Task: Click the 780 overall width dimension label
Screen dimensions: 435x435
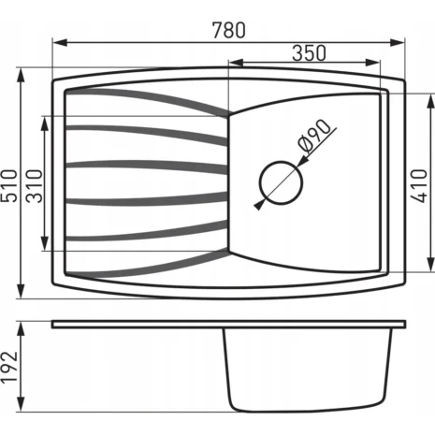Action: point(229,30)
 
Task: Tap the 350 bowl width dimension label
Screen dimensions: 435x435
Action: point(309,53)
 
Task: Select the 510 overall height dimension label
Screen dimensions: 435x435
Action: point(8,186)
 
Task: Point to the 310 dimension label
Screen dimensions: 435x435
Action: point(34,186)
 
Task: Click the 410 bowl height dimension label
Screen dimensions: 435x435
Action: point(418,186)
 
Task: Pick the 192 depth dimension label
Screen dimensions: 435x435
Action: point(8,368)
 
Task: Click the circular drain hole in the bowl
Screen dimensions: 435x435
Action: point(281,182)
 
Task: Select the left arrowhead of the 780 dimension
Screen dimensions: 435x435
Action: point(60,43)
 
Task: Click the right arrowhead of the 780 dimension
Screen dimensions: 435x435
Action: point(398,43)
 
